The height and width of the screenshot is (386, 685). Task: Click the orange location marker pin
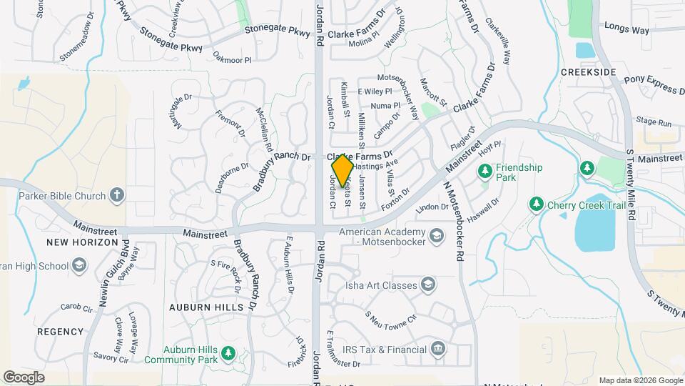[342, 170]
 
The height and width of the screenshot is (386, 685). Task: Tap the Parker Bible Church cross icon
[118, 194]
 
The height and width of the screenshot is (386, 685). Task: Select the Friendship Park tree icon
[485, 171]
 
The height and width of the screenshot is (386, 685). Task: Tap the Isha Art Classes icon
[427, 285]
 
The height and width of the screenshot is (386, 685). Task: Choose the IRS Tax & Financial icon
[438, 350]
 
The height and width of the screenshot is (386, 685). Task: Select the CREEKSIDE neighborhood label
[588, 73]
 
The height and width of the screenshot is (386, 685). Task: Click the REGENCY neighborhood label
[60, 332]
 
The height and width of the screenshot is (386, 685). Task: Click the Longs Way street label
[626, 30]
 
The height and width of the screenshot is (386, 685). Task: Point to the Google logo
[24, 377]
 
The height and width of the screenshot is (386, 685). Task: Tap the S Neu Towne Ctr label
[390, 317]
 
